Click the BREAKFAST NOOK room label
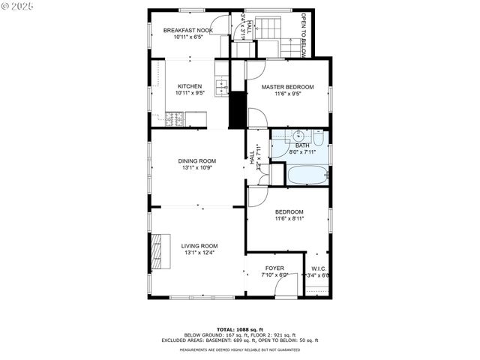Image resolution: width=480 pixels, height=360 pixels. pyautogui.click(x=187, y=30)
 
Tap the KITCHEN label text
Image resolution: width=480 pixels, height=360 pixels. pyautogui.click(x=189, y=86)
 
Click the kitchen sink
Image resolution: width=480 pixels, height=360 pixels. pyautogui.click(x=222, y=88)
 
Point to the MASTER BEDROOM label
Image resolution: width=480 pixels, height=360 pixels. pyautogui.click(x=287, y=87)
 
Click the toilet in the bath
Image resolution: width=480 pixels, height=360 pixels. pyautogui.click(x=318, y=137)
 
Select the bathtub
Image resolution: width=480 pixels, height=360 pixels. pyautogui.click(x=307, y=175)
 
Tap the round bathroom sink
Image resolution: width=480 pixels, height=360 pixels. pyautogui.click(x=298, y=136)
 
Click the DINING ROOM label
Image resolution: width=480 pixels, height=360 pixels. pyautogui.click(x=196, y=160)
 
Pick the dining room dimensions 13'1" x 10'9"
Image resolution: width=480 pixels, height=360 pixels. pyautogui.click(x=196, y=168)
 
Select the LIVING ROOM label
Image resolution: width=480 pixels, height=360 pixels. pyautogui.click(x=199, y=246)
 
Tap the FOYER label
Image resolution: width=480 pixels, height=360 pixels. pyautogui.click(x=274, y=268)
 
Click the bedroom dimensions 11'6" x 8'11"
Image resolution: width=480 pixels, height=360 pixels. pyautogui.click(x=288, y=219)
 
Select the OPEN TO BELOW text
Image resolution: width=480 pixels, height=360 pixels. pyautogui.click(x=303, y=34)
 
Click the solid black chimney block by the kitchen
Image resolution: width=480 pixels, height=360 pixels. pyautogui.click(x=238, y=109)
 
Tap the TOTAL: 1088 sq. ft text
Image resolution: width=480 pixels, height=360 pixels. pyautogui.click(x=239, y=329)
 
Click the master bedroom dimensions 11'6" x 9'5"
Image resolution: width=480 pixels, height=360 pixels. pyautogui.click(x=287, y=94)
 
